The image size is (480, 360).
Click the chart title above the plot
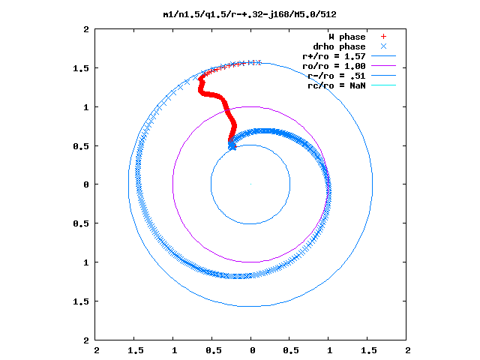pyautogui.click(x=250, y=14)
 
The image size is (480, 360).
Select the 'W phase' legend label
pyautogui.click(x=347, y=37)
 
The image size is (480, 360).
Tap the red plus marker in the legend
pyautogui.click(x=383, y=37)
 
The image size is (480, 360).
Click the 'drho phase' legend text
pyautogui.click(x=339, y=46)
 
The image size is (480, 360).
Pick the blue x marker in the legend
pyautogui.click(x=383, y=46)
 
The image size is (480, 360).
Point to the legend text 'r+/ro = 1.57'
pyautogui.click(x=334, y=56)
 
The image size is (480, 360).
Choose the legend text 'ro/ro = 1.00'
pyautogui.click(x=334, y=66)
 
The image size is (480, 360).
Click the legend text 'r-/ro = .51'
pyautogui.click(x=337, y=76)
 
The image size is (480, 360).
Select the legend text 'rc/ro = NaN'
pyautogui.click(x=337, y=85)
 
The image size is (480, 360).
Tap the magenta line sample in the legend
pyautogui.click(x=383, y=65)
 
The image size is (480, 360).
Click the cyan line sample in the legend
pyautogui.click(x=383, y=85)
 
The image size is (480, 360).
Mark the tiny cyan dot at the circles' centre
pyautogui.click(x=250, y=184)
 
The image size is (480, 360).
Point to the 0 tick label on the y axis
pyautogui.click(x=86, y=184)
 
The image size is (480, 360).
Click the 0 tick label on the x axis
pyautogui.click(x=252, y=350)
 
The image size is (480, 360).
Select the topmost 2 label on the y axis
pyautogui.click(x=86, y=29)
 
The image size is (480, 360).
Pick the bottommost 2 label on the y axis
pyautogui.click(x=86, y=340)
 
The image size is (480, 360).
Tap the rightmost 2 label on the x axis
pyautogui.click(x=408, y=350)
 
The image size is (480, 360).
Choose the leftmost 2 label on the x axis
pyautogui.click(x=97, y=350)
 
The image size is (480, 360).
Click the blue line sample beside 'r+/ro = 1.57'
pyautogui.click(x=383, y=56)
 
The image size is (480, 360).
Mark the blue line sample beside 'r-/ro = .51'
pyautogui.click(x=383, y=75)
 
